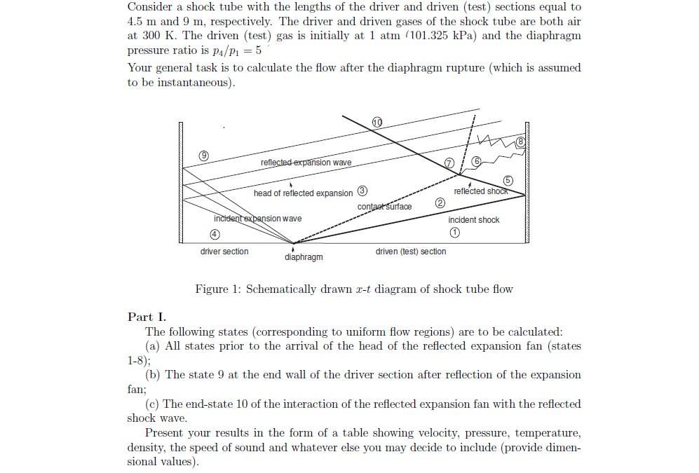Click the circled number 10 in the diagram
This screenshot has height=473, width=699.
coord(378,123)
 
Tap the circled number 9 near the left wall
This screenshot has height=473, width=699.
coord(203,155)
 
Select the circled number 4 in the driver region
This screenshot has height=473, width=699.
coord(216,235)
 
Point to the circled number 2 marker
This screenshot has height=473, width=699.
coord(440,203)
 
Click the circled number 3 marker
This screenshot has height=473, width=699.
coord(362,191)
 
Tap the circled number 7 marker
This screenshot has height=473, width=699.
coord(449,163)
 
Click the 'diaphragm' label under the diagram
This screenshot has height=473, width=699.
coord(304,257)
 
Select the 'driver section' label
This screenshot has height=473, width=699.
coord(224,252)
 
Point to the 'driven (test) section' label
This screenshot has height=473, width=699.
coord(410,252)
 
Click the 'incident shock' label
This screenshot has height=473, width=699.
coord(474,220)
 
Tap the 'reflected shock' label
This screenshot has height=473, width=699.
coord(480,191)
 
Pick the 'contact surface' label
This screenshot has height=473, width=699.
coord(384,207)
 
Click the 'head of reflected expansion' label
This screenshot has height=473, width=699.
coord(304,193)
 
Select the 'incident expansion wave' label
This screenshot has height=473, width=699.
coord(257,219)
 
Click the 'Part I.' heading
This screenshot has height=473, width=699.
coord(147,317)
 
